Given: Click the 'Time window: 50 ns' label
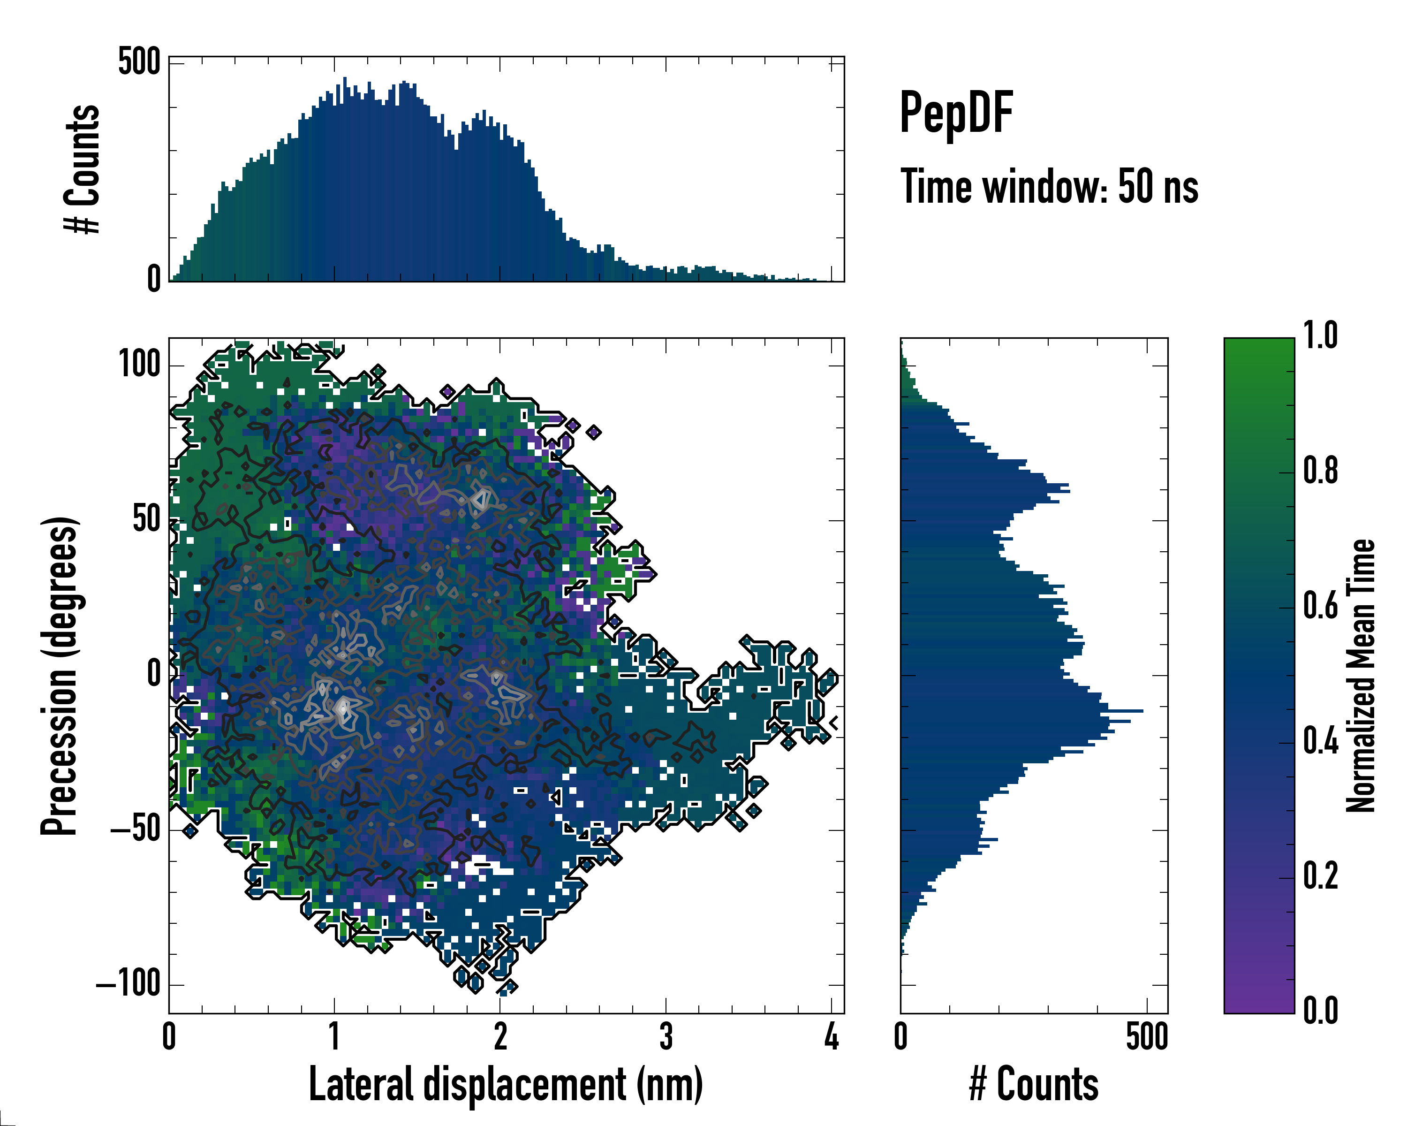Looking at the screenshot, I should pyautogui.click(x=1049, y=187).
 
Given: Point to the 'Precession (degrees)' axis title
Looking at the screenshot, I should pyautogui.click(x=60, y=676).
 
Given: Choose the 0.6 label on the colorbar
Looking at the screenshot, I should pyautogui.click(x=1320, y=606).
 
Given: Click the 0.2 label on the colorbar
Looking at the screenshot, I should pyautogui.click(x=1320, y=875).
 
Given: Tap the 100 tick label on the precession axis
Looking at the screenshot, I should pyautogui.click(x=139, y=364).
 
